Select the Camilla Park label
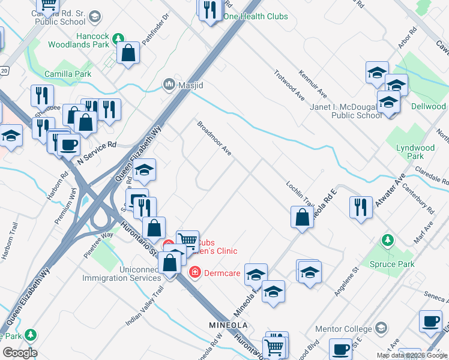[x=68, y=74]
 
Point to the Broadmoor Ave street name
[x=215, y=139]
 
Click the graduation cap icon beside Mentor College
[x=381, y=328]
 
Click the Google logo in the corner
[x=20, y=353]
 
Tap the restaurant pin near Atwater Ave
[x=360, y=207]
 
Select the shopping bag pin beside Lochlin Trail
[x=302, y=217]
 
